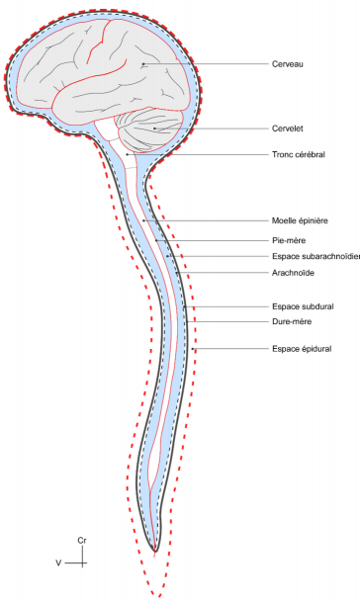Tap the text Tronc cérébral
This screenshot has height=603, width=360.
[x=298, y=154]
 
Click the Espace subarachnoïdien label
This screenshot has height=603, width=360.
[x=315, y=256]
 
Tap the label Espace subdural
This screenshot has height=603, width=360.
[x=302, y=306]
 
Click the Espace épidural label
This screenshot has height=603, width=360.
[x=301, y=348]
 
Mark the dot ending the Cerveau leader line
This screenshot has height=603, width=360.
[x=143, y=64]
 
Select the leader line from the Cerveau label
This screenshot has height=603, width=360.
[x=208, y=64]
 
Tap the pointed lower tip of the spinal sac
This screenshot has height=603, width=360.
[x=154, y=550]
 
